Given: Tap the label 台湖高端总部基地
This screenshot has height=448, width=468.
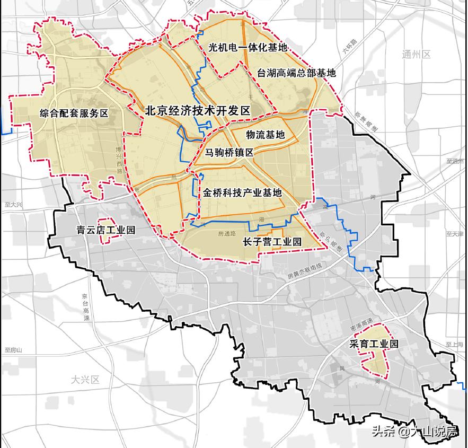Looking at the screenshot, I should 296,73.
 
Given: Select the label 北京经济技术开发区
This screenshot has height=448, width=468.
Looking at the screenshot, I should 197,111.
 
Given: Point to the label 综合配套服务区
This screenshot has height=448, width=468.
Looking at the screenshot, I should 74,113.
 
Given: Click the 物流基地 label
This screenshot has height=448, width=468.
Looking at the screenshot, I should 266,135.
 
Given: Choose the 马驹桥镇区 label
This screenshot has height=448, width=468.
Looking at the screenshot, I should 229,152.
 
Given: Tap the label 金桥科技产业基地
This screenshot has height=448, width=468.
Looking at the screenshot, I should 242,193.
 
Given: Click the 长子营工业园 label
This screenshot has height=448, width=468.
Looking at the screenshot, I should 271,242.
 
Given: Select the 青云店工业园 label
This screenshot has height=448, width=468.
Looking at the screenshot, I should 106,231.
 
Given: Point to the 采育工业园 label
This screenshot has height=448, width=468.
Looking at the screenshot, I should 373,344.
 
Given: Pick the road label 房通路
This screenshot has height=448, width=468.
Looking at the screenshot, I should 226,233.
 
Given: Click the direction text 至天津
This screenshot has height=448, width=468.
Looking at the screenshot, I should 455,234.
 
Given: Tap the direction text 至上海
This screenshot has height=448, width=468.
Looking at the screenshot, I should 455,344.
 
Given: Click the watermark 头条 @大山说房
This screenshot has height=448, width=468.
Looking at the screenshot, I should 414,432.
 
